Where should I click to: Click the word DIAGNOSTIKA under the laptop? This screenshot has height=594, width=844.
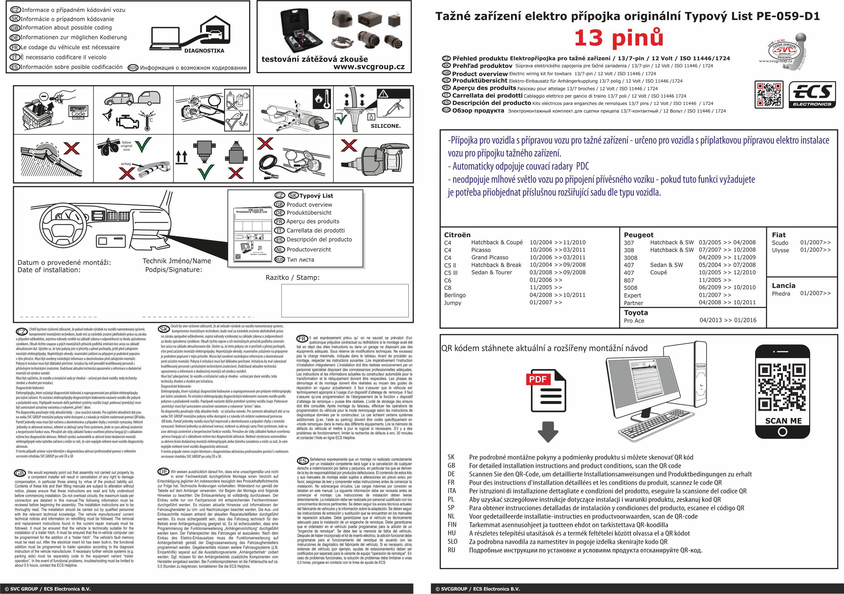204,51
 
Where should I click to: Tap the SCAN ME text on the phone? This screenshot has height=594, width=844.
783,421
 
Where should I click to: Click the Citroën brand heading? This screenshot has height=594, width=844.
457,235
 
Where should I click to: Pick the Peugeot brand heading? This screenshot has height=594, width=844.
639,235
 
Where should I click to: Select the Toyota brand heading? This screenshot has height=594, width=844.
636,313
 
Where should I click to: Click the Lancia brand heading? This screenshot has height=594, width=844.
783,286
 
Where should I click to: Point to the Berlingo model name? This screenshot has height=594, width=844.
455,295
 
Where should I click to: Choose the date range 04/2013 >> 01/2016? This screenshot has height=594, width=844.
727,320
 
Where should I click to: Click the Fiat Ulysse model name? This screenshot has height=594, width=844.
780,250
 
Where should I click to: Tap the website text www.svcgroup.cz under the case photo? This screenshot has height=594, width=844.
369,67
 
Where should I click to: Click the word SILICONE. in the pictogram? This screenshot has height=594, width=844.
385,126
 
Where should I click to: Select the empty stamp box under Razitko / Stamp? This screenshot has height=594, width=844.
345,300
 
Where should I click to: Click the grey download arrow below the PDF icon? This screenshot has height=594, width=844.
548,432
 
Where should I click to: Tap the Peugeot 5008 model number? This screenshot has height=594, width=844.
630,288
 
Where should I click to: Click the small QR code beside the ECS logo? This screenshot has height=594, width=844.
769,95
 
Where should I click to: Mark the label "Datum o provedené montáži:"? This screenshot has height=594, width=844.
64,263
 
